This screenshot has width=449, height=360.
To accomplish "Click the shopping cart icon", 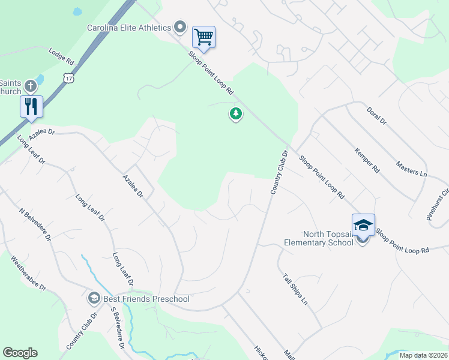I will [203, 37].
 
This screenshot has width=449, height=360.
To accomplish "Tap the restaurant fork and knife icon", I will [31, 106].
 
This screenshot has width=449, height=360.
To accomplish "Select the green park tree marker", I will [236, 113].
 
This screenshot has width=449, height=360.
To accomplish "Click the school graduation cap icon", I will [363, 224].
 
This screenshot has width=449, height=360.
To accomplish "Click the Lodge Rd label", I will [61, 58].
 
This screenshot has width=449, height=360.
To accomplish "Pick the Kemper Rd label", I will [367, 161].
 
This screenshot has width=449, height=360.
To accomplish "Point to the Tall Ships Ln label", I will [295, 289].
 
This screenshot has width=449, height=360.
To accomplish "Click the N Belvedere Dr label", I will [35, 225].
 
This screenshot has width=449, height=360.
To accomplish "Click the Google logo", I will [20, 353].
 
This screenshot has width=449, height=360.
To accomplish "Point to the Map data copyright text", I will [423, 355].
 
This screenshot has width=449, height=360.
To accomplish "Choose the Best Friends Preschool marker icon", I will [94, 298].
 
